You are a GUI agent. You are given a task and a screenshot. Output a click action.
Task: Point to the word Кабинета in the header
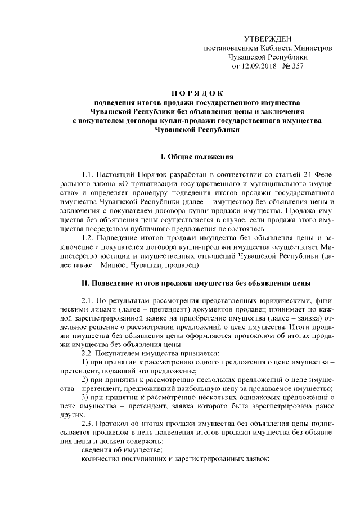point(276,48)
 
